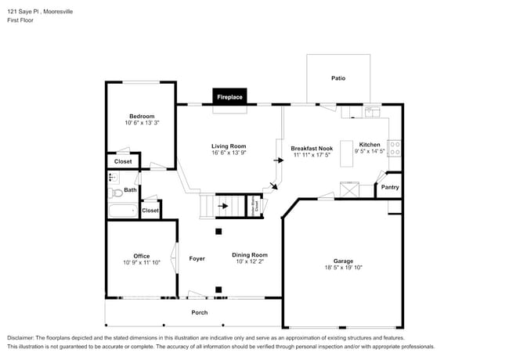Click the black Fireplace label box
point(229,96)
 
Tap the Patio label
point(338,78)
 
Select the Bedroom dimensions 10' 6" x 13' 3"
point(142,123)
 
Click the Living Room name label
point(229,146)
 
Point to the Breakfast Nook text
point(312,148)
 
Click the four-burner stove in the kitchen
point(395,148)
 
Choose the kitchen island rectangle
point(349,189)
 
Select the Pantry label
point(389,188)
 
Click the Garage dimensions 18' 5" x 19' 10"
point(343,268)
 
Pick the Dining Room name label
point(250,254)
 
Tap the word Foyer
point(197,257)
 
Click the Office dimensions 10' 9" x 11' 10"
point(141,263)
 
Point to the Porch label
point(200,312)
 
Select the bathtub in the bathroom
point(122,211)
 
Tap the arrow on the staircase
point(225,207)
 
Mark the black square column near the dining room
point(219,231)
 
